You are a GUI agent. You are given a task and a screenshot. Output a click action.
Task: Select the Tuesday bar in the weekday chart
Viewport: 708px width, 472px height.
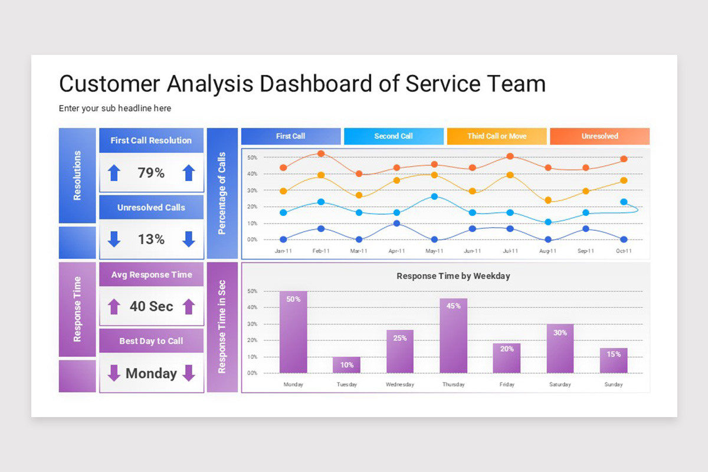[x=346, y=365]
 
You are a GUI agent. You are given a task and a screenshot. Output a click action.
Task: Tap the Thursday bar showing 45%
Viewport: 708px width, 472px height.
[x=453, y=336]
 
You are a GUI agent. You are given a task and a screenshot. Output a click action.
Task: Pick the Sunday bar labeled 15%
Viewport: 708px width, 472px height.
[x=614, y=360]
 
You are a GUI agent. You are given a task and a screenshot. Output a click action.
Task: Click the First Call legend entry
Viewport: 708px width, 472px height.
[x=291, y=136]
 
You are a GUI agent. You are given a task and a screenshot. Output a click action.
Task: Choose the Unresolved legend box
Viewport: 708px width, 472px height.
[x=599, y=136]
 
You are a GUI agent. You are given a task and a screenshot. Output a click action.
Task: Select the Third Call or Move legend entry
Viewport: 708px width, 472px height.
[x=497, y=136]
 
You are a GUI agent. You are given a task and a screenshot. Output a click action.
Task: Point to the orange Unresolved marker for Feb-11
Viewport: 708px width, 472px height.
[x=321, y=153]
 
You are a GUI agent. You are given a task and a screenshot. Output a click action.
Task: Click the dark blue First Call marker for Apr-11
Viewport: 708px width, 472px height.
[x=396, y=224]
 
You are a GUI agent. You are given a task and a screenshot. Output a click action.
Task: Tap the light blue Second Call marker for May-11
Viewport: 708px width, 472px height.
[x=434, y=196]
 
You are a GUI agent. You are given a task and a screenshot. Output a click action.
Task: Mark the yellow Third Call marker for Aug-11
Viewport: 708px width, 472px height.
[x=548, y=201]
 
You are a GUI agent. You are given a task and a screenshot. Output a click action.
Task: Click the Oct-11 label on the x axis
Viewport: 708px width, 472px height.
[x=624, y=251]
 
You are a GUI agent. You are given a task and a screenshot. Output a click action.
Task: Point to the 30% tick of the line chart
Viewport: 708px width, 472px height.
[x=252, y=191]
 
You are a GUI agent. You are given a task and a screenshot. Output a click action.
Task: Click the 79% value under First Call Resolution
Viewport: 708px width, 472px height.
[x=151, y=173]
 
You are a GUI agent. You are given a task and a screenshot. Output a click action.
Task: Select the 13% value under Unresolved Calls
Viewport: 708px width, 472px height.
[x=151, y=240]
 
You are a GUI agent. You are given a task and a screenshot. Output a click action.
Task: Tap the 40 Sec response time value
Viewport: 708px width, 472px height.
[x=151, y=307]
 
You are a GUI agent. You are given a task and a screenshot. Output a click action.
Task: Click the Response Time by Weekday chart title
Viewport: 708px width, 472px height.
[x=453, y=276]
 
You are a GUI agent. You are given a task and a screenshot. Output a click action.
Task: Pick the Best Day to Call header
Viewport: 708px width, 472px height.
[x=151, y=341]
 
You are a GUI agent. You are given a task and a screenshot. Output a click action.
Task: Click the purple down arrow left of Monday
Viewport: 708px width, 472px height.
[x=114, y=373]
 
